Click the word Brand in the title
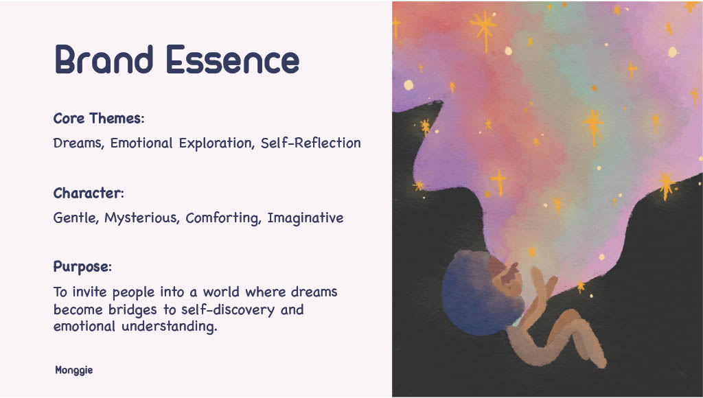click(x=104, y=59)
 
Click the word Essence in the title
click(x=233, y=59)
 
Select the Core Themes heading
click(x=99, y=118)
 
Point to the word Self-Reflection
click(x=311, y=143)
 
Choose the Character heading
click(x=89, y=194)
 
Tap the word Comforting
click(x=223, y=218)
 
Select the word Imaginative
click(x=306, y=218)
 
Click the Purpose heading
click(x=82, y=267)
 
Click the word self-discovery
click(x=228, y=309)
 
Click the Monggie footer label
click(x=74, y=371)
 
